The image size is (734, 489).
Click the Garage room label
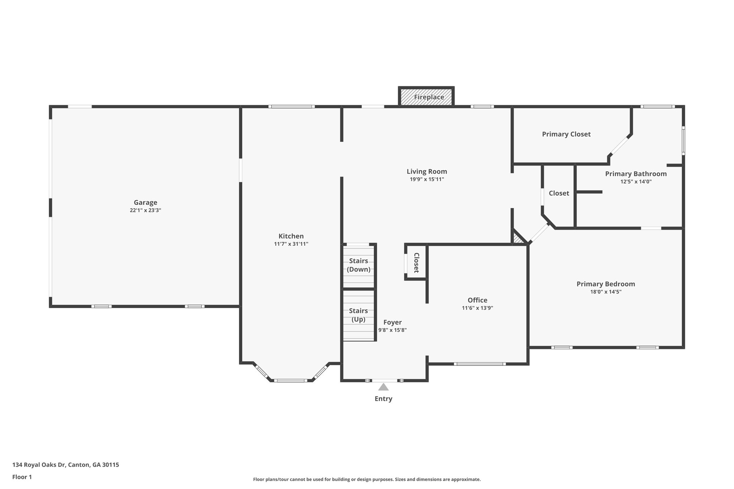click(145, 203)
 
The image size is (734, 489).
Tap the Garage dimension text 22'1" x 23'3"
click(145, 211)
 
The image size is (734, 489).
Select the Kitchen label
click(291, 236)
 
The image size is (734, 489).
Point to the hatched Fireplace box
click(426, 97)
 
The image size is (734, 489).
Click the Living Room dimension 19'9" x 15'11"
click(426, 179)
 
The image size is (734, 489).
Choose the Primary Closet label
click(566, 134)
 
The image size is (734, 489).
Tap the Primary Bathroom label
click(635, 174)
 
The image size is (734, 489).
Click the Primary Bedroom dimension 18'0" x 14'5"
click(605, 292)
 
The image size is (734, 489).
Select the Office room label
click(477, 300)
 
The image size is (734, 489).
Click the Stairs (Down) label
click(358, 265)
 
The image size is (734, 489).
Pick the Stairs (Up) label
click(358, 315)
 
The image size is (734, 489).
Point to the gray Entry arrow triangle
click(383, 387)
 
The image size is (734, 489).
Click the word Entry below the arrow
click(383, 399)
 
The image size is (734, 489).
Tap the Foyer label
click(392, 322)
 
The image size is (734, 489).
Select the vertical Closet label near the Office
click(416, 263)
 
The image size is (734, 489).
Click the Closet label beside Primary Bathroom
click(558, 193)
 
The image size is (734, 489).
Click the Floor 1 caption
click(22, 477)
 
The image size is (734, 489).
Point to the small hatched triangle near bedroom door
click(518, 239)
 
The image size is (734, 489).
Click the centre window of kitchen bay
click(291, 380)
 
